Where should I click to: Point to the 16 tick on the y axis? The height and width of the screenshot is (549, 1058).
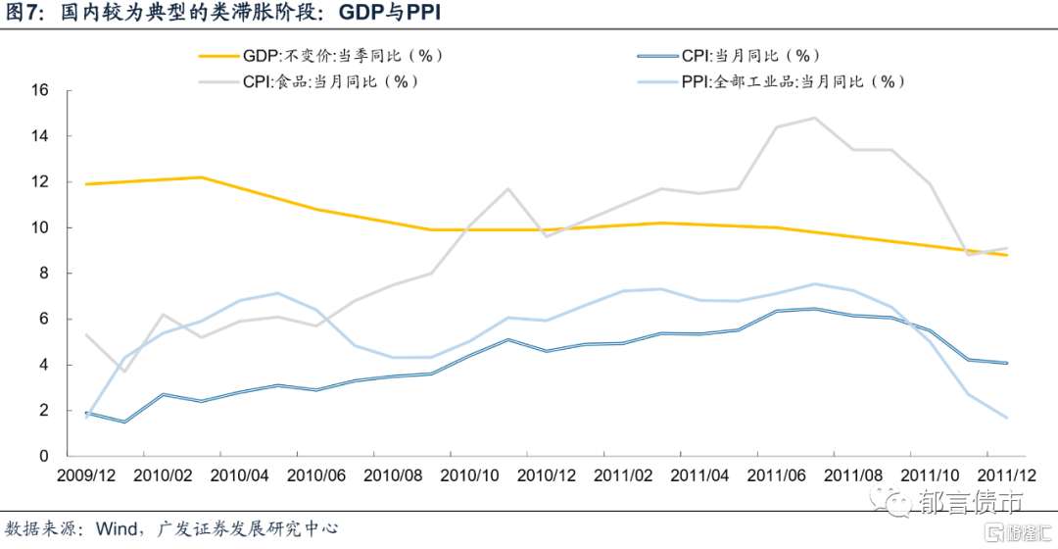40,90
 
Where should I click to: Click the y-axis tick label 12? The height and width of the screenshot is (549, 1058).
40,181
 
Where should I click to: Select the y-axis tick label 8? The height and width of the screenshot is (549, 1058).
44,273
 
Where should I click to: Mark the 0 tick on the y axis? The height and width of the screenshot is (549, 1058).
44,456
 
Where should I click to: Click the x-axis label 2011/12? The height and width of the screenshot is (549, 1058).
988,476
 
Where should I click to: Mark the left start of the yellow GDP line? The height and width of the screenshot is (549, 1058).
86,183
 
